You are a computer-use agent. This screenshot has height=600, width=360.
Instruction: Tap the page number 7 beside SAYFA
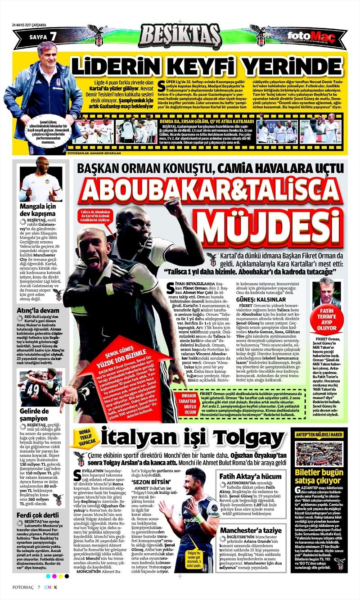(x=53, y=36)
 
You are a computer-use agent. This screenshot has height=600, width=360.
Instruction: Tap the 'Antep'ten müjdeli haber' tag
(x=319, y=435)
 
